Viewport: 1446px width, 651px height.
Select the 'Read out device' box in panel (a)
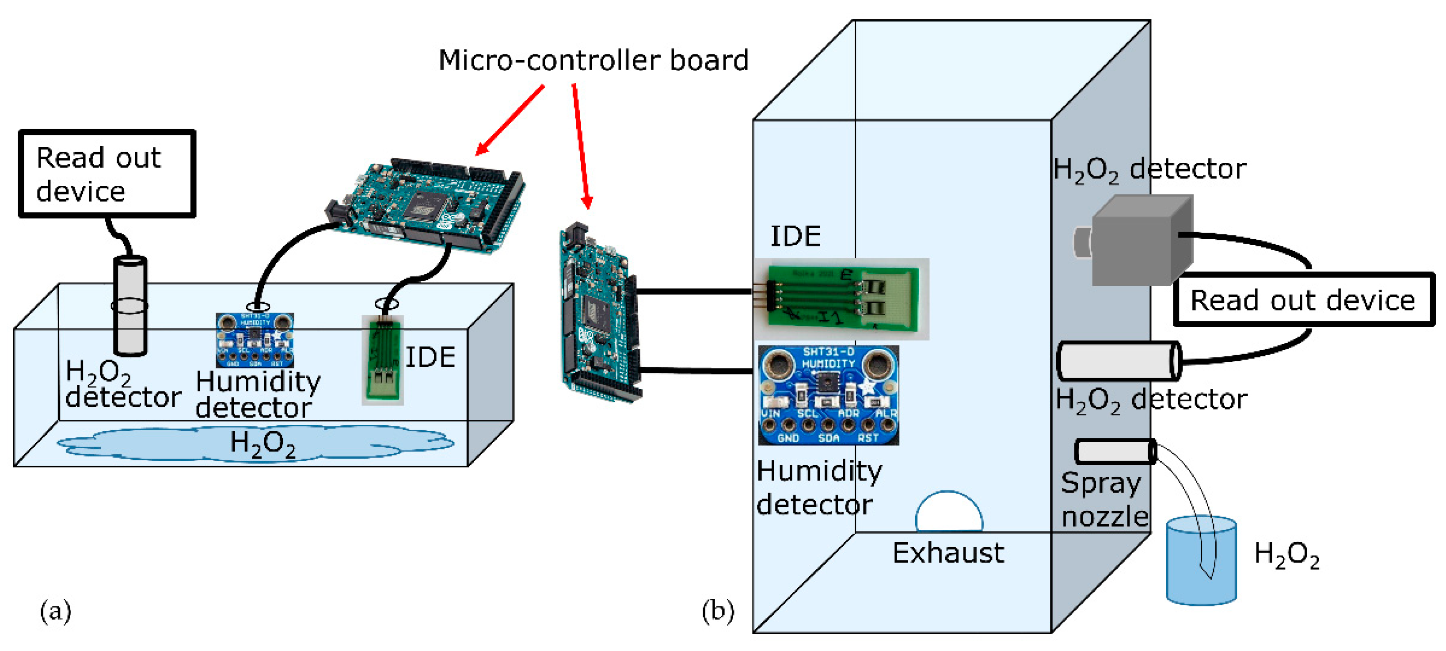point(107,173)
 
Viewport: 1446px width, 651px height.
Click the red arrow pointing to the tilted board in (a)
point(510,120)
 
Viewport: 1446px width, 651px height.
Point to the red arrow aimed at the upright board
point(580,146)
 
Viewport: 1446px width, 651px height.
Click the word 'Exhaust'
point(948,553)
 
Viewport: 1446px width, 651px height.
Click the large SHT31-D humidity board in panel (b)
point(828,395)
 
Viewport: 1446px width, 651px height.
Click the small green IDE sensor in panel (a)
point(383,360)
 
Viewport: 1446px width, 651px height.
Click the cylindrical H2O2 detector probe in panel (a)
point(130,306)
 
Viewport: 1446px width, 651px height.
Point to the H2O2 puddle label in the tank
point(263,444)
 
